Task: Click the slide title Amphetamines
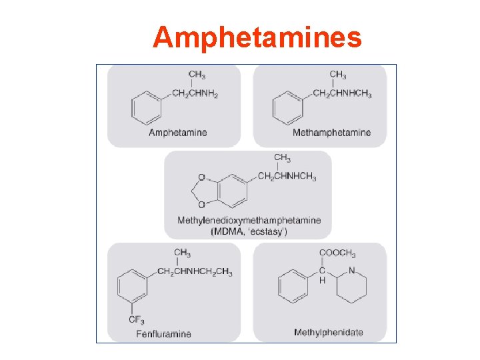coord(257,37)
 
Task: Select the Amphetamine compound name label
coord(177,133)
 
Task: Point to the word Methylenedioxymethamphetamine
coord(249,220)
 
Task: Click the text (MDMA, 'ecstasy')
coord(249,231)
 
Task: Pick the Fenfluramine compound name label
coord(163,334)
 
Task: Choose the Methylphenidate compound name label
coord(329,333)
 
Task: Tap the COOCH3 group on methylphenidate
coord(337,254)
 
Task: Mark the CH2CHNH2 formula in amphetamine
coord(195,94)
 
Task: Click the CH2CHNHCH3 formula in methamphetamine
coord(342,94)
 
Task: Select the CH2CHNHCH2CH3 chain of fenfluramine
coord(195,271)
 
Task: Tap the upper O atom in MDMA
coord(202,179)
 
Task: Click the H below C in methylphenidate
coord(322,281)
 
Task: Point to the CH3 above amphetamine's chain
coord(197,75)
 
